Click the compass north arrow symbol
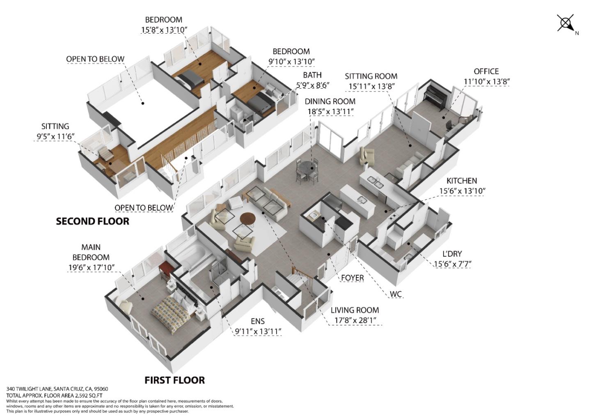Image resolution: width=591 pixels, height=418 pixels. pyautogui.click(x=566, y=23)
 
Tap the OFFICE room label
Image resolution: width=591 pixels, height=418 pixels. pyautogui.click(x=486, y=71)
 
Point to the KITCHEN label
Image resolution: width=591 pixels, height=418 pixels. pyautogui.click(x=461, y=181)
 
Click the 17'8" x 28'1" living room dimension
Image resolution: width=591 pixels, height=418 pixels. pyautogui.click(x=355, y=320)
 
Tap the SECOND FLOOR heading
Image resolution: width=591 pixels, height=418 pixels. pyautogui.click(x=93, y=221)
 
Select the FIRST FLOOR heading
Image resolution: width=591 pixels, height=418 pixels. pyautogui.click(x=175, y=380)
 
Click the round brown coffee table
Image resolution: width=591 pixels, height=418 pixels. pyautogui.click(x=248, y=219)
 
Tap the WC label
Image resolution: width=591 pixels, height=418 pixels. pyautogui.click(x=396, y=294)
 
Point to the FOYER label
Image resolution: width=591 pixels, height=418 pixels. pyautogui.click(x=352, y=278)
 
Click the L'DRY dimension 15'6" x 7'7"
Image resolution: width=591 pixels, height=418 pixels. pyautogui.click(x=452, y=264)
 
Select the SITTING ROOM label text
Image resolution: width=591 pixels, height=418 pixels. pyautogui.click(x=371, y=76)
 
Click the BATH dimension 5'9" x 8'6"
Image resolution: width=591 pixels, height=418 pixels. pyautogui.click(x=312, y=85)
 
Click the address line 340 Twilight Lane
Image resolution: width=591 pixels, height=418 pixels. pyautogui.click(x=57, y=389)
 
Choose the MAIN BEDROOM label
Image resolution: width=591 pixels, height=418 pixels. pyautogui.click(x=91, y=252)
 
